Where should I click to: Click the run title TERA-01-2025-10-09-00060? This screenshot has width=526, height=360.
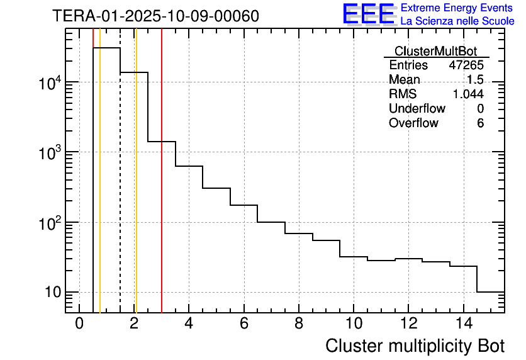tap(155, 16)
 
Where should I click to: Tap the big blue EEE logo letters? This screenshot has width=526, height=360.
tap(369, 14)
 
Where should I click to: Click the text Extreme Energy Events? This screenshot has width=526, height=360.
tap(457, 8)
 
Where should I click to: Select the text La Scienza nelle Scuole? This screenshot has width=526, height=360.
tap(457, 21)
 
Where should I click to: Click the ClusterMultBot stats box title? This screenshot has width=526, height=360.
tap(435, 51)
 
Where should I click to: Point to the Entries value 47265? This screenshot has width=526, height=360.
tap(466, 65)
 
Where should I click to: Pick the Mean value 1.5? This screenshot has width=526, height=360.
tap(475, 80)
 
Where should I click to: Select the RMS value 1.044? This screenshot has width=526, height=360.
tap(468, 94)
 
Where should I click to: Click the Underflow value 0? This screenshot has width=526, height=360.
tap(480, 108)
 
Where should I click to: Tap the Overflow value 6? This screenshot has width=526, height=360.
tap(480, 123)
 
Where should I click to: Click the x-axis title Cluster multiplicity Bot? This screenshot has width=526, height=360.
tap(415, 346)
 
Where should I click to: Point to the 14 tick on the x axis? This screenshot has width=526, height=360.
tap(462, 323)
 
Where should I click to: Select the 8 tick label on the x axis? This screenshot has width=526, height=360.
tap(298, 323)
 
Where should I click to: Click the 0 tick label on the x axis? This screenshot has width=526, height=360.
tap(79, 323)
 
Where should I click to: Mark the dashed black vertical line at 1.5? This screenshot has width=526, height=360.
tap(120, 189)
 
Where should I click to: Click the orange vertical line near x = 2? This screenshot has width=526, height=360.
tap(136, 189)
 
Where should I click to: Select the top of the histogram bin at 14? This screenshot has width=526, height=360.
tap(463, 266)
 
